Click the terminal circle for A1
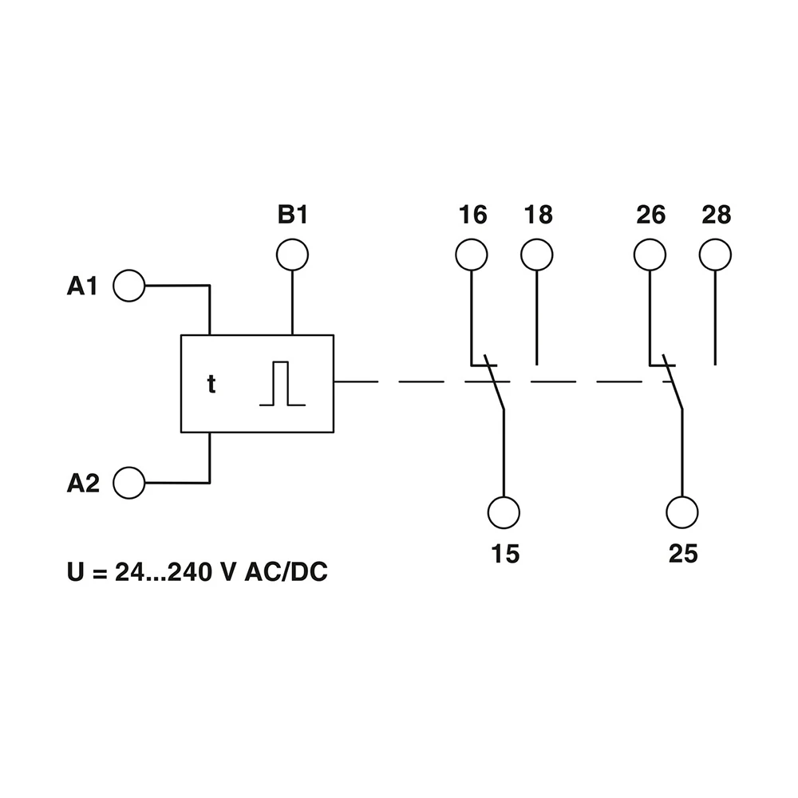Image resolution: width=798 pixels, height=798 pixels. (129, 285)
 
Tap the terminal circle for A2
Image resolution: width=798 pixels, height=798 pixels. (129, 483)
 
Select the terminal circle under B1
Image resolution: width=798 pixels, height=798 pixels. (292, 255)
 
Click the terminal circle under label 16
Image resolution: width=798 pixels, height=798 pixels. (472, 255)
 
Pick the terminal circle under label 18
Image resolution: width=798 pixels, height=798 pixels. (536, 255)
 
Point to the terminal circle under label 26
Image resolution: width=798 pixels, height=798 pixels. (650, 255)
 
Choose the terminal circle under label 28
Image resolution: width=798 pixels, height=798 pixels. (715, 255)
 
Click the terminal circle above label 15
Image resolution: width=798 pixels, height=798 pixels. (504, 511)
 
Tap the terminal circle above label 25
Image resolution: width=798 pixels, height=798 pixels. (682, 511)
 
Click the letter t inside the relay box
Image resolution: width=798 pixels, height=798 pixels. (211, 385)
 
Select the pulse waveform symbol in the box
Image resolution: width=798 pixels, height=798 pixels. (282, 384)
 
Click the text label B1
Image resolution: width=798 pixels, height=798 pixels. (292, 215)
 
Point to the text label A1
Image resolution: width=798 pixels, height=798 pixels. (82, 286)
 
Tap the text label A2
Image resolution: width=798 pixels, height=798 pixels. (83, 484)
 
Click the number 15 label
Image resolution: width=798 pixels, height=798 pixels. (504, 554)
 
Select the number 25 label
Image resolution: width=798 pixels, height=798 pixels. (683, 554)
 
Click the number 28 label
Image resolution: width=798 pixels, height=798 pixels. (716, 215)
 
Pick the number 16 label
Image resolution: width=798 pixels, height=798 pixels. (472, 215)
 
